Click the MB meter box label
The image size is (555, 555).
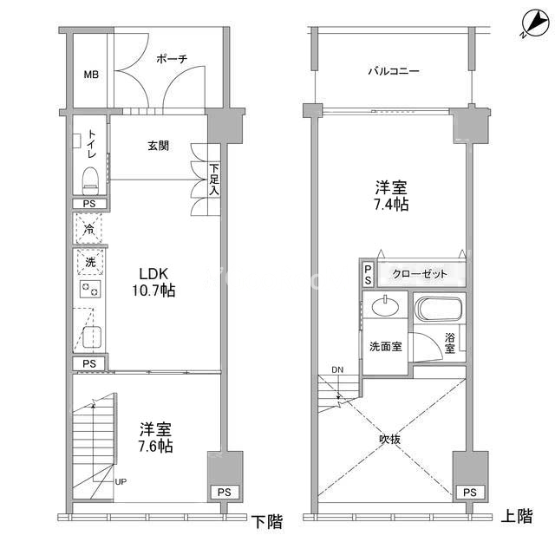pos(91,75)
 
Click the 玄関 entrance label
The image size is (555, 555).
pos(157,146)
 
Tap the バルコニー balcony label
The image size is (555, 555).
pos(392,72)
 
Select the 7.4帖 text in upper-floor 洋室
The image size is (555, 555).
pos(392,206)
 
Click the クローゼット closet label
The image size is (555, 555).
pos(420,274)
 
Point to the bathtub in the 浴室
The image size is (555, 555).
pos(441,310)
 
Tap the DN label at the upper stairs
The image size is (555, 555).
pos(336,370)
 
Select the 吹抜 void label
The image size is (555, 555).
pos(389,439)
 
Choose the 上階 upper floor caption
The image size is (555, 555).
pos(518,517)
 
